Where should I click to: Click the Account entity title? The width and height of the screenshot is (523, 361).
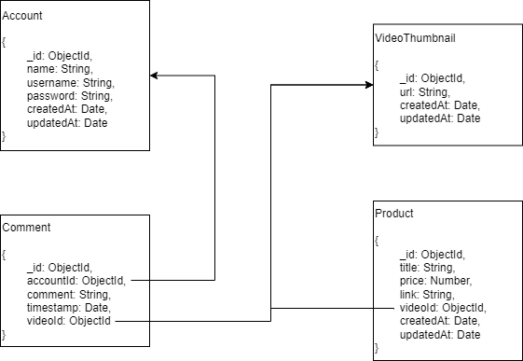point(22,17)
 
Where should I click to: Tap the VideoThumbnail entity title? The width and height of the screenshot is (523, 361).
point(414,39)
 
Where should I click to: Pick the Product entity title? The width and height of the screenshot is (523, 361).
point(393,214)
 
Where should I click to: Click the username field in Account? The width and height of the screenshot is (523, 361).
point(70,83)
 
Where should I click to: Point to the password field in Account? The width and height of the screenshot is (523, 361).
point(69,96)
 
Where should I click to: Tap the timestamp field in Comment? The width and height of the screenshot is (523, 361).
point(68,307)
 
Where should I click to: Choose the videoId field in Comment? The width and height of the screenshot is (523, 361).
point(69,321)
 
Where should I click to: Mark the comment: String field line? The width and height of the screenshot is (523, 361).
point(68,294)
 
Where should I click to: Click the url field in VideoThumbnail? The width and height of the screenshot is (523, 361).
point(424,92)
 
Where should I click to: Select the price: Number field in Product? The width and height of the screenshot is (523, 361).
point(435,281)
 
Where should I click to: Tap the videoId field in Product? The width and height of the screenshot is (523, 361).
point(443,308)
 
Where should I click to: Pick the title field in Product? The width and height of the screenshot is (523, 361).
point(427,268)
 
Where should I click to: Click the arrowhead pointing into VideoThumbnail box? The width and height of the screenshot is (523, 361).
point(368,85)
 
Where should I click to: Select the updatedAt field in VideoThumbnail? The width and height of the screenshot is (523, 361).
point(440,118)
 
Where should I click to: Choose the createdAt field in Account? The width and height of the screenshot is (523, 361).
point(67,110)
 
